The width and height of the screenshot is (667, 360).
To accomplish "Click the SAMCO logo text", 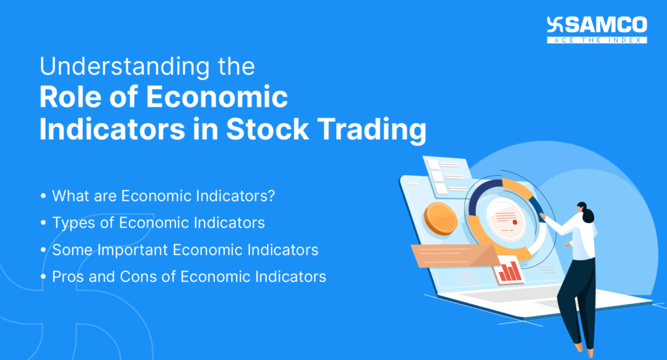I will (606, 25).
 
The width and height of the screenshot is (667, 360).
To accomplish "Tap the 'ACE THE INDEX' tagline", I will (597, 40).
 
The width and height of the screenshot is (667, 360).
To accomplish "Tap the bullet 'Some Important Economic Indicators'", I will (185, 250).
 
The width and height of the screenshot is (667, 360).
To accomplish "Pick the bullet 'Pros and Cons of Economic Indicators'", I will (189, 277).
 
